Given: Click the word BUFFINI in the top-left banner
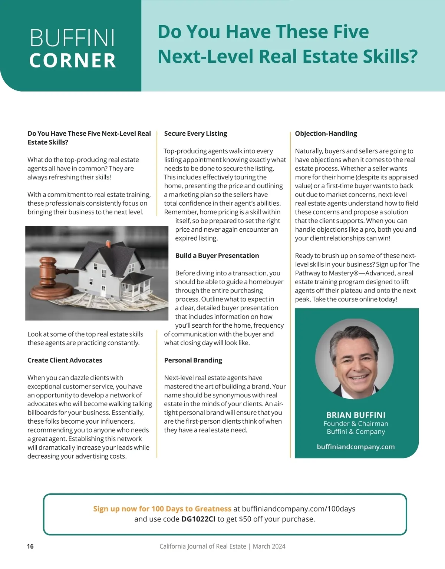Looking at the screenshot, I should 72,38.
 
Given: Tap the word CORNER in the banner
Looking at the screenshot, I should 73,61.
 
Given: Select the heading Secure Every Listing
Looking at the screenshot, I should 195,133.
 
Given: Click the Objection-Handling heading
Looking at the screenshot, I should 326,133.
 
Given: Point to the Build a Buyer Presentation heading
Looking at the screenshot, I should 217,255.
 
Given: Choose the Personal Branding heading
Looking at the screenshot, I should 193,360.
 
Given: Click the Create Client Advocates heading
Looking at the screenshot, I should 65,360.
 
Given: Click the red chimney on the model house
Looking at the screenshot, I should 108,244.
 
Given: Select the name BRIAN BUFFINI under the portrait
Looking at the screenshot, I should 356,415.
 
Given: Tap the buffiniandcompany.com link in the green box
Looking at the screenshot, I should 356,447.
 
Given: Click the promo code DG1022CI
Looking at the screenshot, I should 198,519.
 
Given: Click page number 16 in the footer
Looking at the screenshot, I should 30,546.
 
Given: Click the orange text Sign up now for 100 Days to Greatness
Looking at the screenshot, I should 162,509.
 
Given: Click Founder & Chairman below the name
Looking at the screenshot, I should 356,423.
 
